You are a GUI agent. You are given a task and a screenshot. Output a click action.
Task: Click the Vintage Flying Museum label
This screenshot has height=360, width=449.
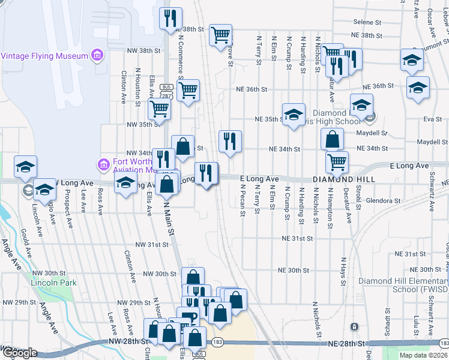(x=44, y=56)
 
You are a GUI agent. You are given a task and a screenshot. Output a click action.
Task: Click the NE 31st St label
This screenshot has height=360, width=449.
(x=298, y=238)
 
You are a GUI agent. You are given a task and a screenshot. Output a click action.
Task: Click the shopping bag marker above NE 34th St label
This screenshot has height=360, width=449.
(x=332, y=139)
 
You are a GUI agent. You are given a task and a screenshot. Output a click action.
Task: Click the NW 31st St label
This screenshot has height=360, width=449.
(x=149, y=245)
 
